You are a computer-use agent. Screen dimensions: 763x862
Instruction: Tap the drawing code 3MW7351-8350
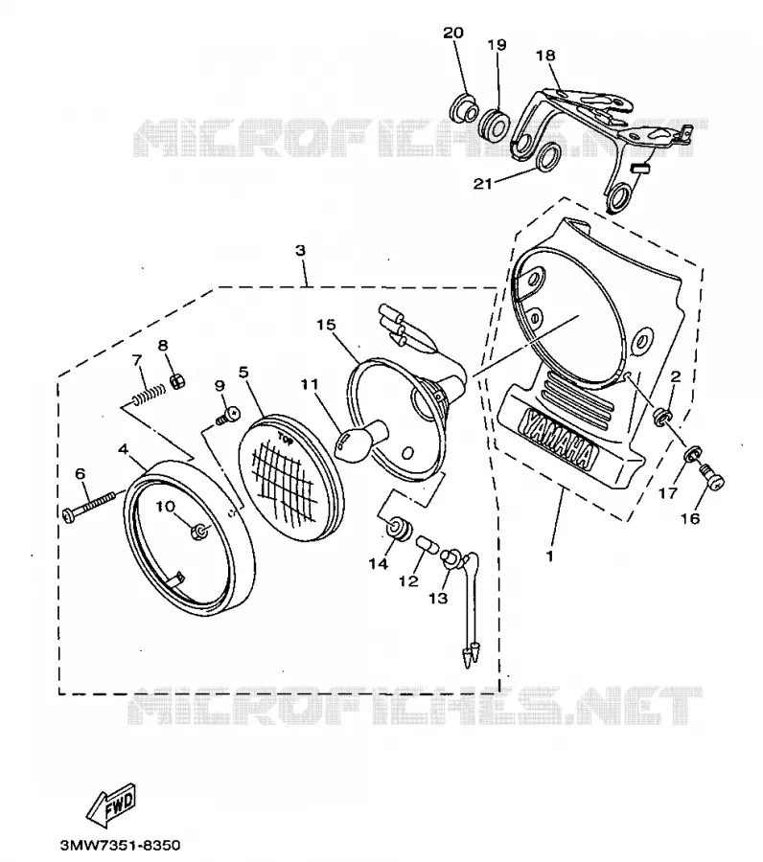click(x=120, y=845)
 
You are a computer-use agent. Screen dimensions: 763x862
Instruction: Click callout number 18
click(x=545, y=55)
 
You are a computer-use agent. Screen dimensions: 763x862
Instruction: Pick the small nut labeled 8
click(x=177, y=380)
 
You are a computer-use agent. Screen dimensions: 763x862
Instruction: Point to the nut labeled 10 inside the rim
click(x=198, y=533)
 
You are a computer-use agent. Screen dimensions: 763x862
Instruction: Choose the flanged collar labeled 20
click(x=463, y=109)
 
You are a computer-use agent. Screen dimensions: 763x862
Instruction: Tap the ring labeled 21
click(x=547, y=158)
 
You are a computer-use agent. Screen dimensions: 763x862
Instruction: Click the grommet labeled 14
click(x=398, y=528)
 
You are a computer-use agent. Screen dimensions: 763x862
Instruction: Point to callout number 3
click(x=300, y=251)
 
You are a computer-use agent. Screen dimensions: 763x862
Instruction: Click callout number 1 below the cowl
click(x=549, y=556)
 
